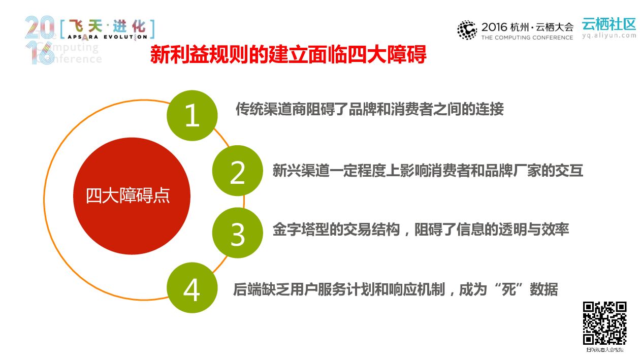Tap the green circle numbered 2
coord(237,172)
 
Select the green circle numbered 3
coord(237,233)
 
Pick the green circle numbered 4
coord(192,289)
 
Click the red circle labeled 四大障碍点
coord(132,196)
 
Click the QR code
coord(604,323)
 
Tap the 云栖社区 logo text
coord(609,24)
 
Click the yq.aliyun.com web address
coord(609,36)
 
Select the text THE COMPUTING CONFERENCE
coord(527,38)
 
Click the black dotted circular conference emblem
coord(467,30)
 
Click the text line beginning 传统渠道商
coord(369,109)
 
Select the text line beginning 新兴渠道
coord(427,170)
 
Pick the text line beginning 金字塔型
coord(421,229)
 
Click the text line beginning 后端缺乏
coord(395,289)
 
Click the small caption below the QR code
coord(604,350)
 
